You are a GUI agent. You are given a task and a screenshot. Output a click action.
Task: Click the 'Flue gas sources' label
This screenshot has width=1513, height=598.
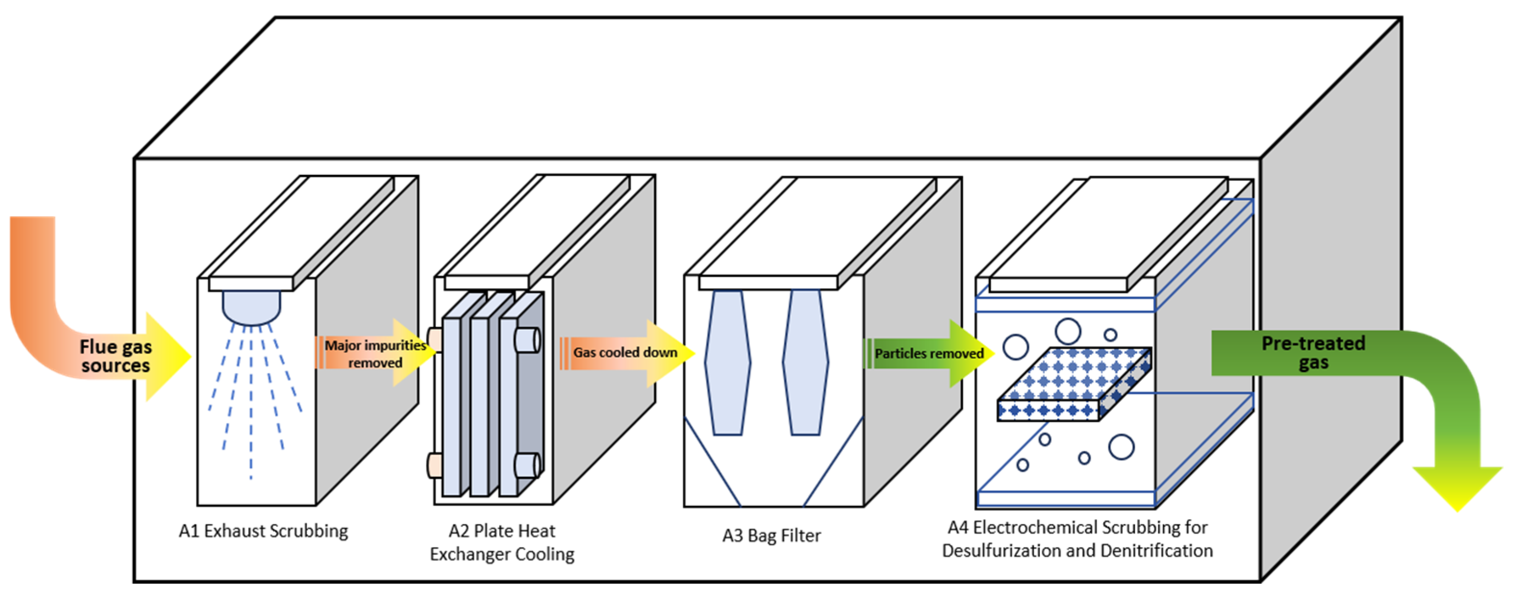tap(116, 356)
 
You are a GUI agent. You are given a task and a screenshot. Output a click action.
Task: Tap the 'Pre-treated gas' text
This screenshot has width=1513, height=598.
tap(1313, 352)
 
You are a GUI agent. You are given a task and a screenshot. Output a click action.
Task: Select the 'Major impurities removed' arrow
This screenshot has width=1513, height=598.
tap(376, 352)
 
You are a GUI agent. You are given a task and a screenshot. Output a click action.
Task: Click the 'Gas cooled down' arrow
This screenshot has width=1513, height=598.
tap(626, 353)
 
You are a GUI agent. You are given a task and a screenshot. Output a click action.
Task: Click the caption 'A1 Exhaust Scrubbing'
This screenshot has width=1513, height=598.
tap(263, 531)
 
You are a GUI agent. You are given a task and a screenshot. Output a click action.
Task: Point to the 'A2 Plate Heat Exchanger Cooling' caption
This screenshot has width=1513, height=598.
tap(502, 542)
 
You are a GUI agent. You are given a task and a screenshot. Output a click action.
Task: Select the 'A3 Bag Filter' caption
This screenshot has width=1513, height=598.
tap(771, 536)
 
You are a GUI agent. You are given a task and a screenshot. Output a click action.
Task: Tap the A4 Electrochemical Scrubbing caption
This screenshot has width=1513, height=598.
tap(1078, 539)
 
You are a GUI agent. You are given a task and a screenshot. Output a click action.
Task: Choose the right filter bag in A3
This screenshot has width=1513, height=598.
tap(805, 362)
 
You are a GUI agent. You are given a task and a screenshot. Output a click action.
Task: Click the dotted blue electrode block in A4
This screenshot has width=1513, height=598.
tap(1074, 384)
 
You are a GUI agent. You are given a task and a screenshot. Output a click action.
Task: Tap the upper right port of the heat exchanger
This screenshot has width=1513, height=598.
tap(527, 340)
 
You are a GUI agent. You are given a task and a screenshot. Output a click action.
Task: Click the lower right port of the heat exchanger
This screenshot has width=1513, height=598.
tap(527, 465)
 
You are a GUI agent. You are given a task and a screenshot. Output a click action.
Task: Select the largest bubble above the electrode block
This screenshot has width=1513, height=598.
tap(1068, 331)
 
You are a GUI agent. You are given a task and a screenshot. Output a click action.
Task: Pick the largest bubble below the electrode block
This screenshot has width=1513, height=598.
tap(1121, 447)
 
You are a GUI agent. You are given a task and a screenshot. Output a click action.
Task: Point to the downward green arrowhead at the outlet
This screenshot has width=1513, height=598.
tap(1457, 487)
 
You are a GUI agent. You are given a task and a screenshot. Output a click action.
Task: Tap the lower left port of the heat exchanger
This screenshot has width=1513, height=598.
tap(435, 465)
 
